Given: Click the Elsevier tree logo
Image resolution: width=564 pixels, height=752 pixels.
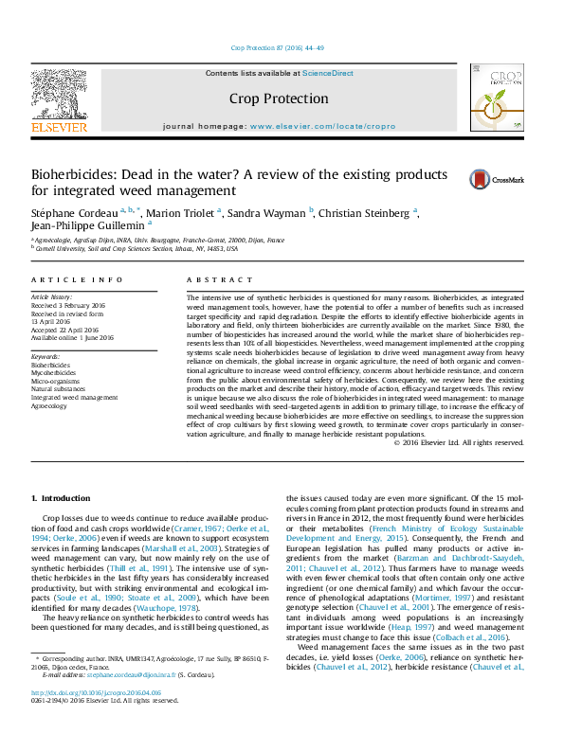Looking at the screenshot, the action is (x=59, y=99).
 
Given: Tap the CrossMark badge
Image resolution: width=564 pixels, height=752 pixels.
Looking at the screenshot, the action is (x=487, y=179).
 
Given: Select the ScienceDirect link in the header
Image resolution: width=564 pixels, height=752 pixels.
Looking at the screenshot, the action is (x=328, y=73).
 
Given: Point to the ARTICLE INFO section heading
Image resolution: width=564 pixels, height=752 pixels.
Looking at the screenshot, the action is (x=77, y=280).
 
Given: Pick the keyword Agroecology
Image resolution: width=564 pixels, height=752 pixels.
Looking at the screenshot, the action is (x=49, y=406).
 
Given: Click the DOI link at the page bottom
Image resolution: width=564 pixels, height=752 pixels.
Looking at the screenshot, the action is (x=96, y=720).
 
